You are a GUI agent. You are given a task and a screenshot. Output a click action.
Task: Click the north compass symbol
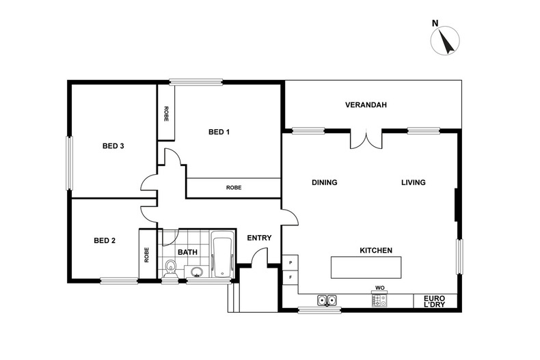point(444,40)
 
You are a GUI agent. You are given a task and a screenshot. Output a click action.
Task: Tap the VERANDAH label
point(366,105)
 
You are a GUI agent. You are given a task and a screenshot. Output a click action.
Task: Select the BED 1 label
point(218,133)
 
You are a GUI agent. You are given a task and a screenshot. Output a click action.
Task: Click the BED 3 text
point(113,146)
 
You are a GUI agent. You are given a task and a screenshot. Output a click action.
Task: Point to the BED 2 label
point(105,240)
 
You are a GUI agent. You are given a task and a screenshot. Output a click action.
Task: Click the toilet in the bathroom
point(171,268)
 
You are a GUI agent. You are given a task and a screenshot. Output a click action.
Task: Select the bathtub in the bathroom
point(222,256)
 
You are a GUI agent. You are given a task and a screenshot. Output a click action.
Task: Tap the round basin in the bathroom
point(196,273)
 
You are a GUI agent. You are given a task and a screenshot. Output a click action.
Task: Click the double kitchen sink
point(326,300)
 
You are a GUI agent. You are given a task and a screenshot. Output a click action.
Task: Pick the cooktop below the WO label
point(379,300)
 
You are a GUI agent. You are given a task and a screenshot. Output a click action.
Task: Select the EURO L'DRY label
point(435,301)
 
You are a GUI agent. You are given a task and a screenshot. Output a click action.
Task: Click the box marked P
point(291,262)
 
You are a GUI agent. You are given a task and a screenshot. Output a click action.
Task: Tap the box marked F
point(291,277)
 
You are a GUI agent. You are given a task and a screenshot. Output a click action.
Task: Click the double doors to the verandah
point(366,139)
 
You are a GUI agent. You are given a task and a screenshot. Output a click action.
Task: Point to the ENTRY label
point(259,238)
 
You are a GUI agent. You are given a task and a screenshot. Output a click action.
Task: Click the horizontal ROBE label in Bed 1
point(233,187)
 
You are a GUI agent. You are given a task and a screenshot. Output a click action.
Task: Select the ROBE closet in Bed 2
point(146,254)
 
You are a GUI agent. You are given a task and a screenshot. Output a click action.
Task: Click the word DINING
point(324,182)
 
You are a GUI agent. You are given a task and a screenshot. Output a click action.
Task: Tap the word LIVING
point(413,182)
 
